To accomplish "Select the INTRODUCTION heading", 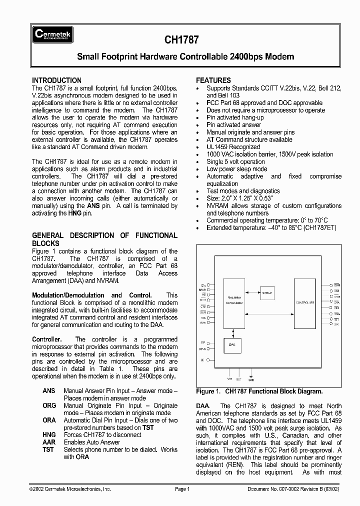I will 56,80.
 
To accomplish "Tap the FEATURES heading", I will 213,80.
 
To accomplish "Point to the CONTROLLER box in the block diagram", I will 305,303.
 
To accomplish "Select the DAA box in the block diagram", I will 231,344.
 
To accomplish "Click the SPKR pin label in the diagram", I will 202,289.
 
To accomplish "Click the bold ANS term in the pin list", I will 49,390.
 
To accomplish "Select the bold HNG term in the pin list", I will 49,435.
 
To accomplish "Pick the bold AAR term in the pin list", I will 49,442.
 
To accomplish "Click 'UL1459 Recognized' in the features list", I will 233,147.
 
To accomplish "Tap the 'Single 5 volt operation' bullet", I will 235,162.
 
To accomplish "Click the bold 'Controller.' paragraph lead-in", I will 47,339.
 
